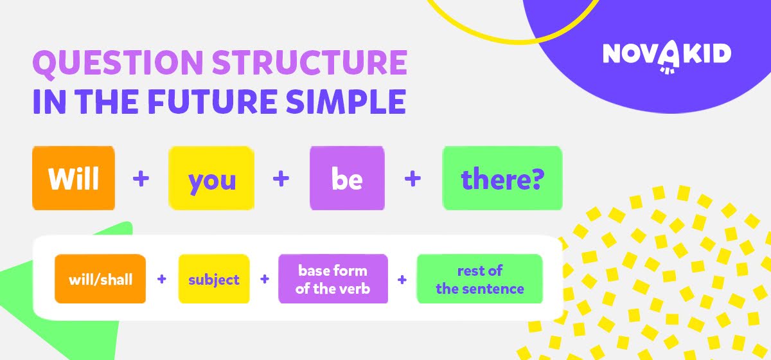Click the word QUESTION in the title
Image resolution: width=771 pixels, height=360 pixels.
118,63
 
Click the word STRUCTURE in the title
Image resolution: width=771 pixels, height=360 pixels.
310,62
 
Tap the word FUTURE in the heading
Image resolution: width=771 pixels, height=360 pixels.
213,102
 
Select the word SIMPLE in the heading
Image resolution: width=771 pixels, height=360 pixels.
346,102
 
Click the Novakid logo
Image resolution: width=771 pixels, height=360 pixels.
667,56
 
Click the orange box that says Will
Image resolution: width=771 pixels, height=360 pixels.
73,178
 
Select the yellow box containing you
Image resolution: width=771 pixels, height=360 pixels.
211,178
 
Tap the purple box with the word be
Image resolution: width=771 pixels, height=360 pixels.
347,178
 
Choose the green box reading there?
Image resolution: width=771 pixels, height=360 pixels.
502,178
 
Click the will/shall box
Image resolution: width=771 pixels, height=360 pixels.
100,279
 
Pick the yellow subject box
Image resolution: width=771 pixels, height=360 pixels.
214,279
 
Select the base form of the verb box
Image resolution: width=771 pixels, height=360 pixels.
333,279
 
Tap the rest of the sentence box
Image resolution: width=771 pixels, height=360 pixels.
480,279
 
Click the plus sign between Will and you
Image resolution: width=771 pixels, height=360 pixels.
141,179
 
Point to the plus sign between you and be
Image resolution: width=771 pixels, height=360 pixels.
281,179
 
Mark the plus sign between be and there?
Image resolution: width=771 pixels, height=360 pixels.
412,179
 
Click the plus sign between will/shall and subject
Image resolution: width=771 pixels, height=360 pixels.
162,279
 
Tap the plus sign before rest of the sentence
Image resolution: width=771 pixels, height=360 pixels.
402,280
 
